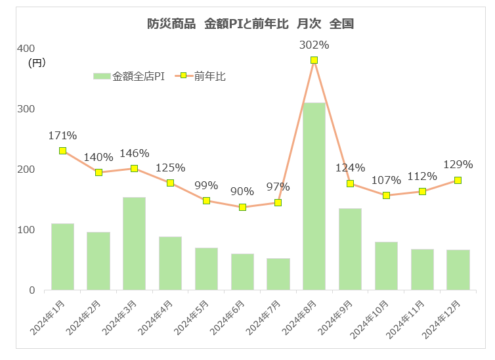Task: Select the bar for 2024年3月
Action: (x=134, y=243)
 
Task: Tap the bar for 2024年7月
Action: (x=278, y=274)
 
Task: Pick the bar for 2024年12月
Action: (x=458, y=269)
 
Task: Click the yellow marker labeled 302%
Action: (x=314, y=60)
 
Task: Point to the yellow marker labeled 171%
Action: (x=62, y=150)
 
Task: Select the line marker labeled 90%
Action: (x=242, y=207)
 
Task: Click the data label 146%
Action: (x=135, y=154)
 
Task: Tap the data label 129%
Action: (x=458, y=164)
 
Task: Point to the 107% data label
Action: (x=386, y=180)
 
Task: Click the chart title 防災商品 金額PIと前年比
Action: (x=250, y=24)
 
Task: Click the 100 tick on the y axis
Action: (x=26, y=230)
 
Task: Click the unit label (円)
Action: (x=37, y=62)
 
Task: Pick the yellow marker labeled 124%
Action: (x=350, y=183)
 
